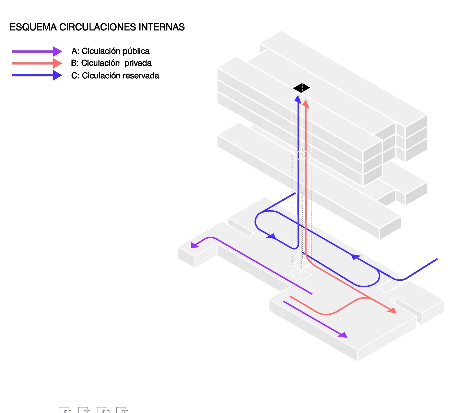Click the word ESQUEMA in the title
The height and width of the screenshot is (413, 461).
(x=33, y=27)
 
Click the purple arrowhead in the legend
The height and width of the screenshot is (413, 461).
(x=58, y=51)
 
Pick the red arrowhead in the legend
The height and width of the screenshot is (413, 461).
(x=58, y=63)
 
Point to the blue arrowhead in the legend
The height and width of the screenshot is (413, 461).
(x=58, y=75)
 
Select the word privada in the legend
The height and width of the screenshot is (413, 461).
(x=138, y=63)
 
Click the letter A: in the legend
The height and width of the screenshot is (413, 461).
(x=75, y=51)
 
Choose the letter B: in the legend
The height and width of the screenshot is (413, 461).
(x=75, y=63)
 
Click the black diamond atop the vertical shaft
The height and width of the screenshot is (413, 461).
(x=302, y=88)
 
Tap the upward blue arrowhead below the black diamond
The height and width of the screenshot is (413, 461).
(x=298, y=100)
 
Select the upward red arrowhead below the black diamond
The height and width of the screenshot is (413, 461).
(x=306, y=104)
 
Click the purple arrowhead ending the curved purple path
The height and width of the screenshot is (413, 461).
(x=194, y=245)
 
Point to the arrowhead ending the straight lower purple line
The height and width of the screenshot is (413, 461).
(x=343, y=335)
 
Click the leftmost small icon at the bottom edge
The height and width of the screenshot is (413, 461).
(x=65, y=410)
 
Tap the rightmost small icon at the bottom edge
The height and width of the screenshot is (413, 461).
(x=122, y=410)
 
